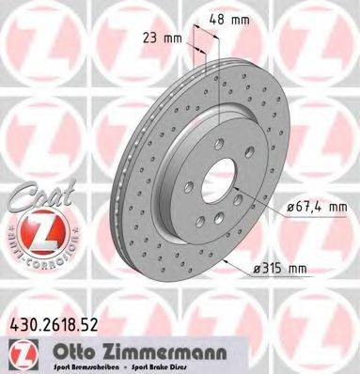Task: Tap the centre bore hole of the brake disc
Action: click(215, 179)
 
